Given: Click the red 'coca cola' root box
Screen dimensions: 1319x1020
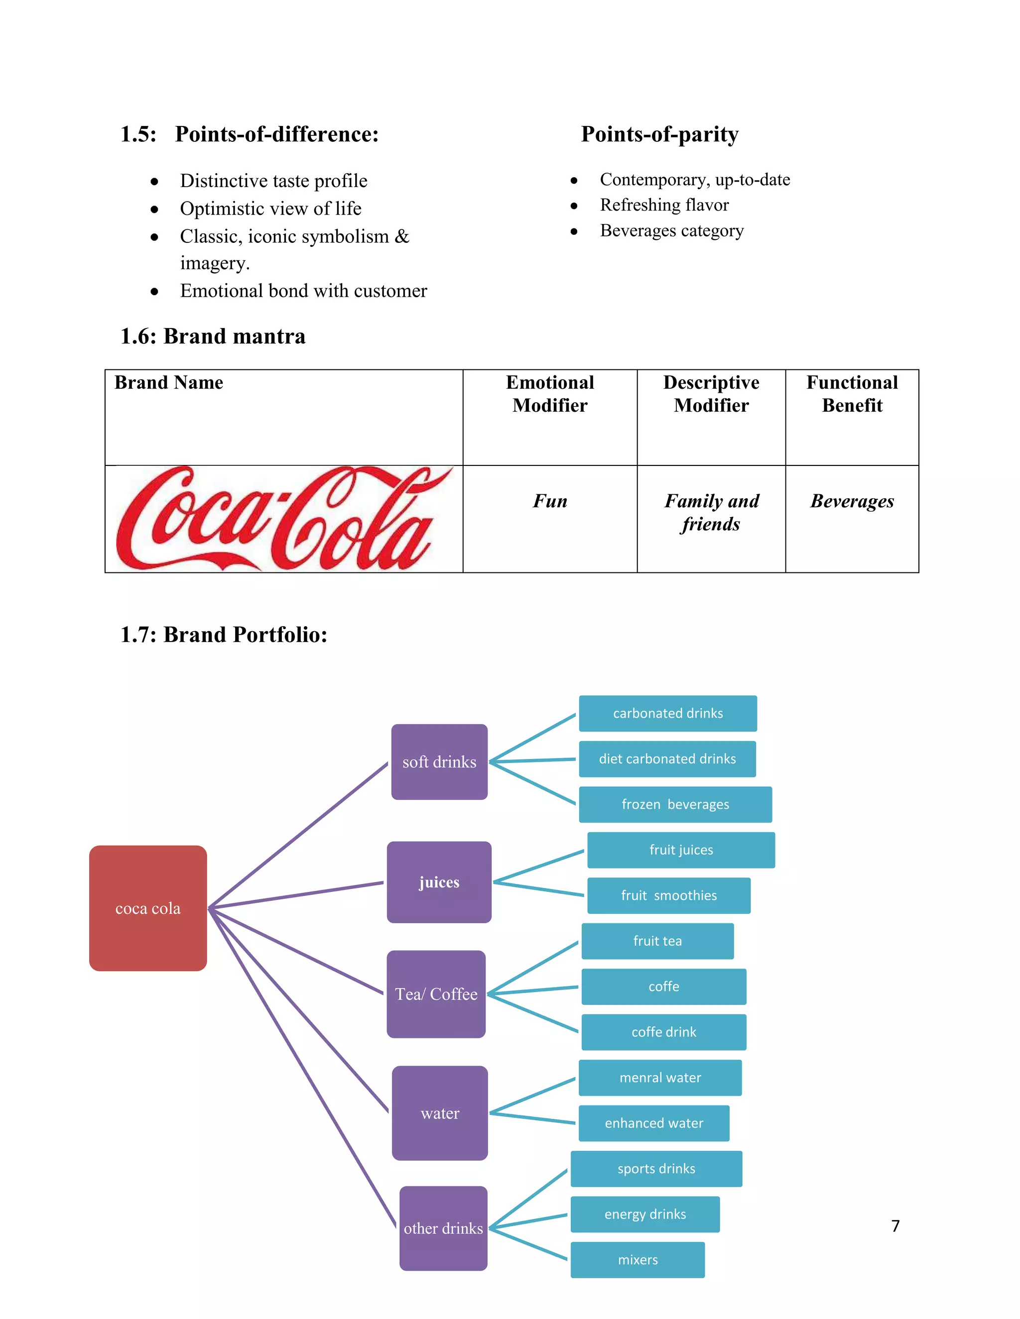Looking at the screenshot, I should pos(147,908).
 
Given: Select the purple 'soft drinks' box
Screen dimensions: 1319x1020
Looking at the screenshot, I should pos(439,762).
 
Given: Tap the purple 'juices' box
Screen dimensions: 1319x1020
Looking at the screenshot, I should pos(439,882).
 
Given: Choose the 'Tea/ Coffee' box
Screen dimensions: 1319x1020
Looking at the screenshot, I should pos(436,994).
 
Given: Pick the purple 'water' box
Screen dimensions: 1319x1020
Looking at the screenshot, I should pos(439,1113).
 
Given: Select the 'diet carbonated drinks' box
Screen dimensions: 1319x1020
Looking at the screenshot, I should pos(667,759).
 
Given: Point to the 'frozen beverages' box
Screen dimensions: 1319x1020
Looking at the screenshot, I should pos(675,804).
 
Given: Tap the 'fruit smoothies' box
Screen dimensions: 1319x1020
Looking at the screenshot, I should pos(668,895).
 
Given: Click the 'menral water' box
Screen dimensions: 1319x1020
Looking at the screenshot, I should pos(660,1078).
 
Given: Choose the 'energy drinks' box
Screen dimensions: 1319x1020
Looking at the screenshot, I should pos(645,1214).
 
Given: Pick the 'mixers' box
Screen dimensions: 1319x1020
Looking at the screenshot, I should pos(637,1260).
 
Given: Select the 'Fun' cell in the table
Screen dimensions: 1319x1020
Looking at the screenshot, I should pos(550,501).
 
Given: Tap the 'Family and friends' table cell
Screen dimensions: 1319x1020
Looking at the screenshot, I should pos(711,512).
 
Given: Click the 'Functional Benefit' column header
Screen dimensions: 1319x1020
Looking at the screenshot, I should pos(852,394).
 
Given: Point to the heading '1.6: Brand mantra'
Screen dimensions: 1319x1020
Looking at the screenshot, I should pos(213,336).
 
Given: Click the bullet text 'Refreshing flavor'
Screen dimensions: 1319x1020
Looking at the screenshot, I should pos(664,206).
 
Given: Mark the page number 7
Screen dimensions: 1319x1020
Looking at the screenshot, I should pos(895,1225).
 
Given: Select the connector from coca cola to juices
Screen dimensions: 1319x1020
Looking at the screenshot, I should pos(296,895).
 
